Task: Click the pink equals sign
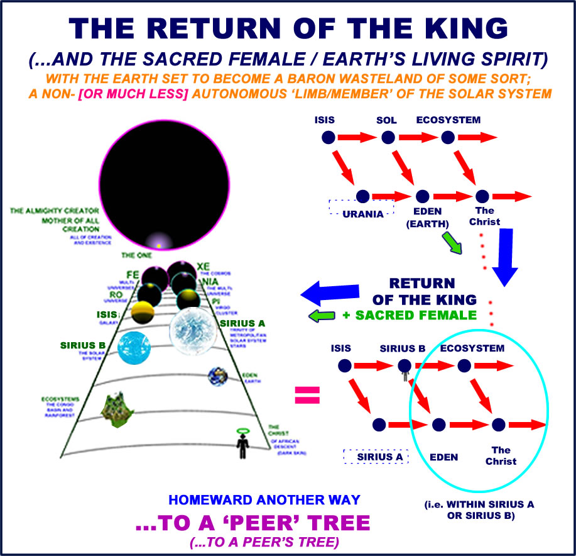[x=307, y=395]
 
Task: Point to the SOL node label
[x=387, y=120]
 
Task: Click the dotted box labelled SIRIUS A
[x=376, y=456]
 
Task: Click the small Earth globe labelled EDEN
[x=217, y=377]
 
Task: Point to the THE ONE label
[x=136, y=256]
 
